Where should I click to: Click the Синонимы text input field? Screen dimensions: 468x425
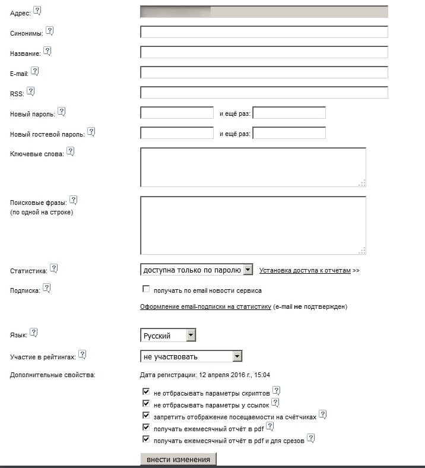(264, 32)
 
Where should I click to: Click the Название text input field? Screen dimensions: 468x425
(264, 52)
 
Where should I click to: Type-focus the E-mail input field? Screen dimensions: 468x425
(264, 72)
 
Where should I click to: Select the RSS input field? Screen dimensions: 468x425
(264, 93)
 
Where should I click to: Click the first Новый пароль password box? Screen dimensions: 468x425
(177, 113)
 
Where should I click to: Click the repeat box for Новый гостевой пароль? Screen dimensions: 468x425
(289, 133)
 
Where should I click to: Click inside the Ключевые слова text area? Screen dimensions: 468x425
(253, 167)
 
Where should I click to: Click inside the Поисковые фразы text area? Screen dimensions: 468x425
(253, 225)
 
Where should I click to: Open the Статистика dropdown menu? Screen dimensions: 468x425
(196, 270)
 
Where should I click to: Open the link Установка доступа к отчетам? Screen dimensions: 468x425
(305, 270)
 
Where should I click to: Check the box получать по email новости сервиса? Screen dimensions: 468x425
(146, 289)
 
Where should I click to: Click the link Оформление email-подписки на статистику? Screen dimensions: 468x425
(205, 307)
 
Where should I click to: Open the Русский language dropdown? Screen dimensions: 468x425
(168, 336)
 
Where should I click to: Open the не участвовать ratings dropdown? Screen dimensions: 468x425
(191, 356)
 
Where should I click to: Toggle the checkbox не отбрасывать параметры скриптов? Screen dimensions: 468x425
(146, 393)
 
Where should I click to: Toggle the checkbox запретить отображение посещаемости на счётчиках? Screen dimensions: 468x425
(146, 416)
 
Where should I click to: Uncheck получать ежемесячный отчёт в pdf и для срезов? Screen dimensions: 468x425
(146, 440)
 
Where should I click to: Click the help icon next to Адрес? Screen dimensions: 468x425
(37, 10)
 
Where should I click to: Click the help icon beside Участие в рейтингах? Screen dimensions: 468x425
(83, 355)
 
